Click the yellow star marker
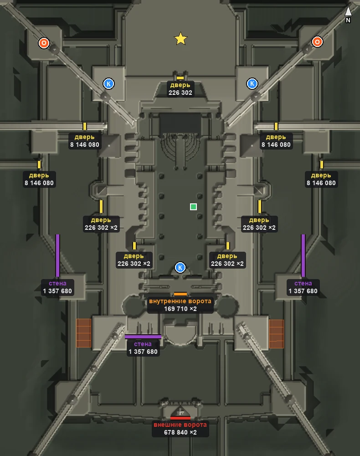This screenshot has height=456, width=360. (180, 38)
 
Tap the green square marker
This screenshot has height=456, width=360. (193, 207)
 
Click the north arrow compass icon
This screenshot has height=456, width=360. (348, 14)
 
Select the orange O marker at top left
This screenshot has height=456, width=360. (44, 43)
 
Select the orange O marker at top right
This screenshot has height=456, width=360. (317, 42)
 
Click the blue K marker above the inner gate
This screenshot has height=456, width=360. (180, 268)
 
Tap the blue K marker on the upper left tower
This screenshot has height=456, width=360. (108, 84)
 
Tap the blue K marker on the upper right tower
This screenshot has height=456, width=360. (252, 83)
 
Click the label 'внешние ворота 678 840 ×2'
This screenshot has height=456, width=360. (180, 429)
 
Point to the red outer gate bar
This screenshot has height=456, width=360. (180, 418)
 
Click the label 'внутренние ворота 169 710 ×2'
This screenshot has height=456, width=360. (180, 305)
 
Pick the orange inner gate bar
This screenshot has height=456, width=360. (180, 294)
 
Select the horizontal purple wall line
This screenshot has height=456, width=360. (143, 337)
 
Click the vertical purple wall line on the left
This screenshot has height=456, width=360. (57, 256)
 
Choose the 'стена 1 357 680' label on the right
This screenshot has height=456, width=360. (303, 287)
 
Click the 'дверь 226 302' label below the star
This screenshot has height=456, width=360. (180, 89)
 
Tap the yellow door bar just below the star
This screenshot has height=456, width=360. (180, 78)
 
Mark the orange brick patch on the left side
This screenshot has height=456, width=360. (84, 333)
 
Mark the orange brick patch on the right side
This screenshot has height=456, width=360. (276, 334)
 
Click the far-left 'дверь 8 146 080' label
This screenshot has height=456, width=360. (39, 179)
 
